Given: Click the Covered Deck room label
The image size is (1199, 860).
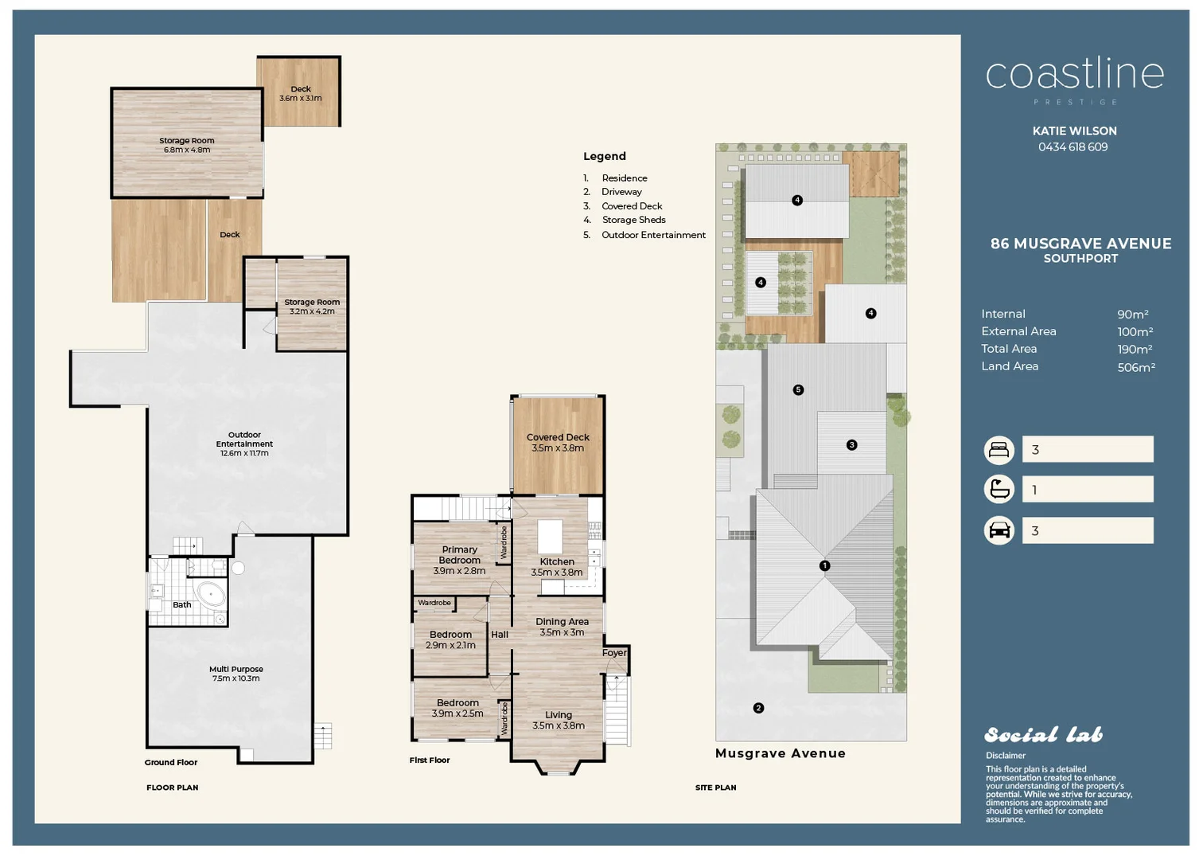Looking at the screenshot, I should click(x=558, y=437).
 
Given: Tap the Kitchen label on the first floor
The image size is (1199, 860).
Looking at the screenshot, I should click(x=557, y=561).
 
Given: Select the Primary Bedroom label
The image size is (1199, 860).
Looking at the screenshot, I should click(x=459, y=554).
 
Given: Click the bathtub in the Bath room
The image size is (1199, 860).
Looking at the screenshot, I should click(x=211, y=594).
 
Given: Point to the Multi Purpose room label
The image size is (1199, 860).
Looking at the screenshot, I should click(x=236, y=669).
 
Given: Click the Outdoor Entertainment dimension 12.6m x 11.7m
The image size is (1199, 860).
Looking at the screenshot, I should click(x=244, y=453).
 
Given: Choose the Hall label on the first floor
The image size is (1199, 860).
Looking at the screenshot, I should click(x=500, y=635).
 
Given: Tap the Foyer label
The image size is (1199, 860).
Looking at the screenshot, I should click(x=614, y=652).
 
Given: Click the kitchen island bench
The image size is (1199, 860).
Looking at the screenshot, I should click(x=550, y=536).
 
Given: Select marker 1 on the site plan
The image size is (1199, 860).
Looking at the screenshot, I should click(x=824, y=565).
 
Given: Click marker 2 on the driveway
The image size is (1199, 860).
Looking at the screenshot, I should click(x=758, y=708).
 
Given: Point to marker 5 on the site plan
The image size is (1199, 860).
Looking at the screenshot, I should click(x=798, y=389).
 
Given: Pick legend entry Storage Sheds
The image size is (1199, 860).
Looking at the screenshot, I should click(x=633, y=220).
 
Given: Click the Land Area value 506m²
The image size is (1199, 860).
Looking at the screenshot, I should click(x=1135, y=367).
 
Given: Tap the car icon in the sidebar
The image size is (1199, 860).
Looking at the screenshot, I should click(x=999, y=530).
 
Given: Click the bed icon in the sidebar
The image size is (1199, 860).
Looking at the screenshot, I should click(x=999, y=450).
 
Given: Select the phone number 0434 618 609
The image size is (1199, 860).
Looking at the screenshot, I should click(x=1072, y=147).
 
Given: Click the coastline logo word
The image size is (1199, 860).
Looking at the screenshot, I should click(x=1074, y=74).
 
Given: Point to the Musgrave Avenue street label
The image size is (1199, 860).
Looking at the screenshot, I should click(x=780, y=753).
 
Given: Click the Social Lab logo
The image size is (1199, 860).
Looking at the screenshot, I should click(x=1043, y=734).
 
